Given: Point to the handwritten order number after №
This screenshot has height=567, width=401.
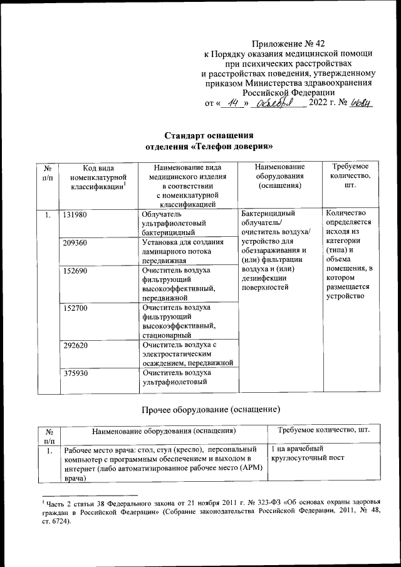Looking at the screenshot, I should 361,102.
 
